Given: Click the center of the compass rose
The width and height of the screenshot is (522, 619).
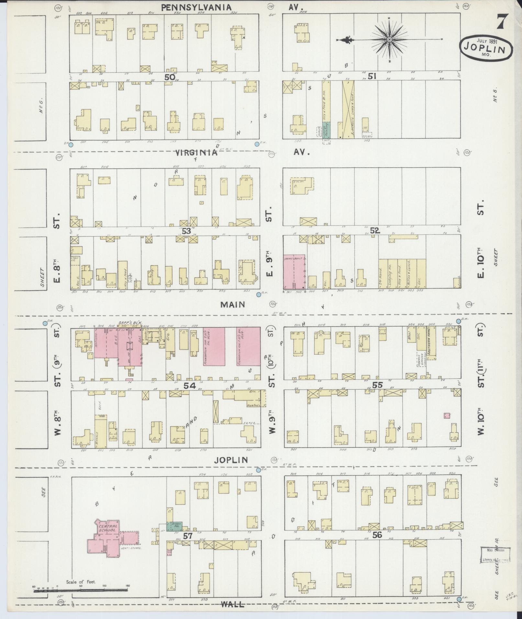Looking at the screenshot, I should point(390,39).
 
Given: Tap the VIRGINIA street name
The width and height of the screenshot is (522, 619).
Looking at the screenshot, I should point(196,153).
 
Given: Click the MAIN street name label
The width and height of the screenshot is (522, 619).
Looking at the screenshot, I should point(232,304).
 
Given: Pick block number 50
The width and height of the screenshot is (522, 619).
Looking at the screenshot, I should point(170,77).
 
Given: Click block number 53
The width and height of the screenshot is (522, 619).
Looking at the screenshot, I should point(186,231).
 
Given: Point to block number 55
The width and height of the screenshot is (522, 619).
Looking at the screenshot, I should point(377,385).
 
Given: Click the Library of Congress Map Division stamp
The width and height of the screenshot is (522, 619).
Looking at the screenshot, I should point(494,555).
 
